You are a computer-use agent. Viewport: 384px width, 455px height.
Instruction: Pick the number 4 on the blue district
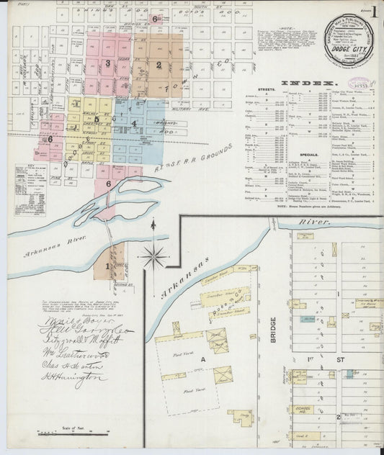click(x=133, y=123)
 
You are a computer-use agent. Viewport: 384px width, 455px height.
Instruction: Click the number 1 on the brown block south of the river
click(x=108, y=266)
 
